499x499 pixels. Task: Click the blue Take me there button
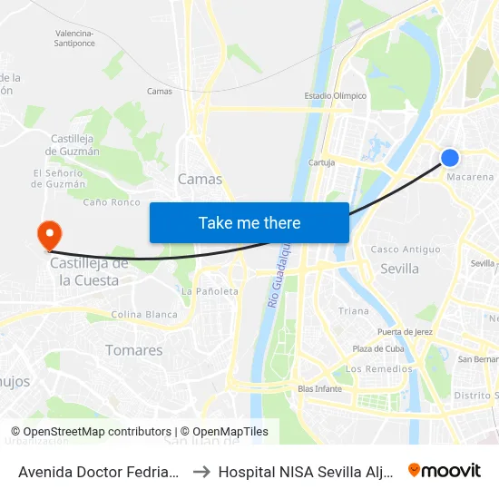pyautogui.click(x=249, y=222)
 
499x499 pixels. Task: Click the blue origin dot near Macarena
pyautogui.click(x=450, y=158)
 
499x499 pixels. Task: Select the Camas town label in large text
pyautogui.click(x=200, y=179)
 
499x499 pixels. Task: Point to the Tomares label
pyautogui.click(x=133, y=350)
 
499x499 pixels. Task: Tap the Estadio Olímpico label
pyautogui.click(x=336, y=95)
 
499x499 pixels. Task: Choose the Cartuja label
pyautogui.click(x=321, y=162)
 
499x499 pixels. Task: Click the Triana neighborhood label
pyautogui.click(x=354, y=310)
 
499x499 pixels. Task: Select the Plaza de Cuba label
pyautogui.click(x=377, y=349)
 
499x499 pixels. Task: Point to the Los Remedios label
pyautogui.click(x=379, y=368)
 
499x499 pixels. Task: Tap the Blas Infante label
pyautogui.click(x=319, y=388)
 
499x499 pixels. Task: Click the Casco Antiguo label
pyautogui.click(x=406, y=249)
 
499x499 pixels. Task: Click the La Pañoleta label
pyautogui.click(x=210, y=291)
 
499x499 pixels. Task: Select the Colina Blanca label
pyautogui.click(x=144, y=314)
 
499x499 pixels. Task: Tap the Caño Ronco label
pyautogui.click(x=112, y=201)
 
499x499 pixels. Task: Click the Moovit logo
pyautogui.click(x=445, y=471)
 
